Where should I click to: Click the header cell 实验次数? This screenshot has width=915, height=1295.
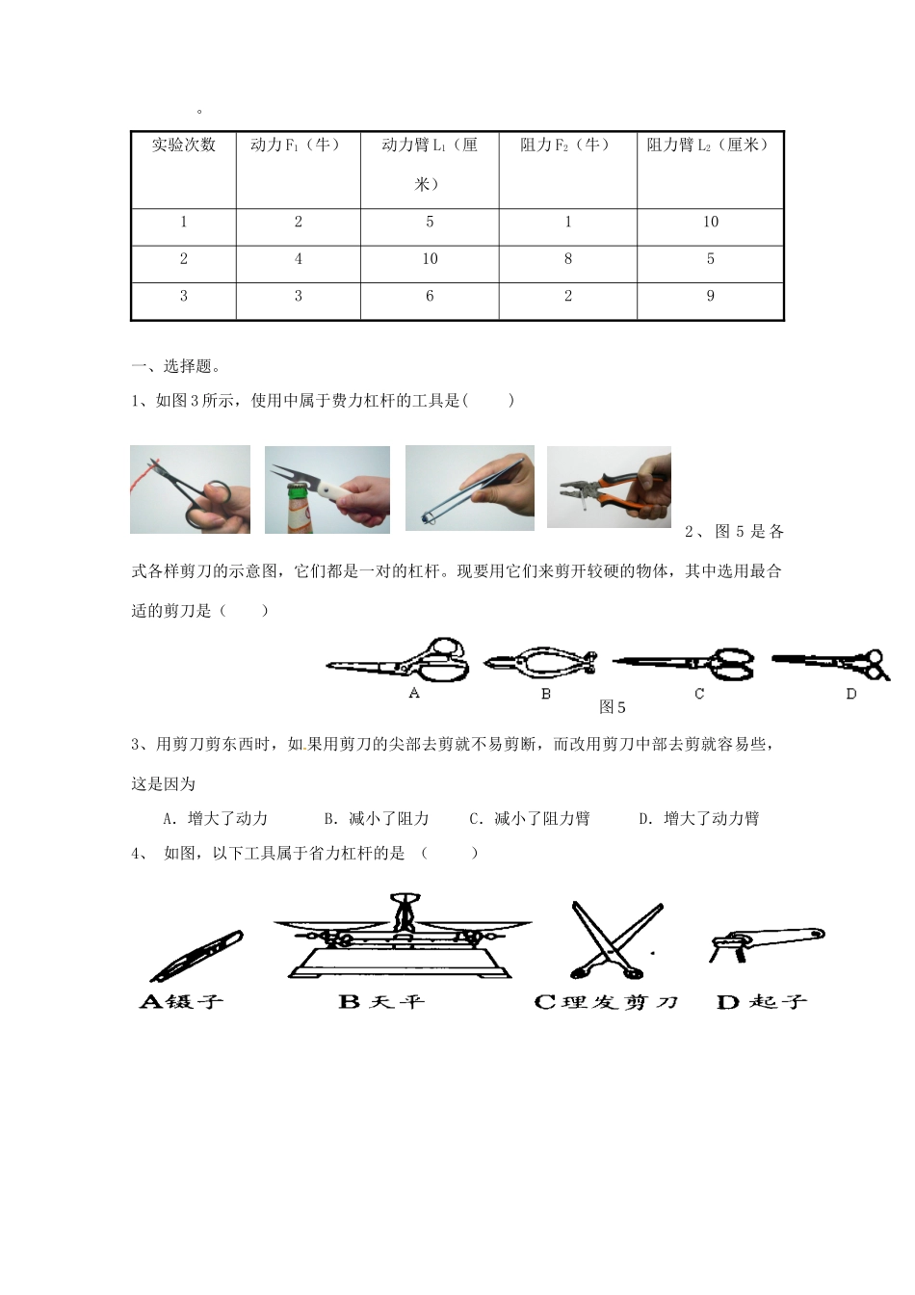(183, 145)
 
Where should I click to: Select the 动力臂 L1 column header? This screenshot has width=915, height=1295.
(430, 164)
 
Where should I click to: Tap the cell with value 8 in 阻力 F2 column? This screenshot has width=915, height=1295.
(567, 259)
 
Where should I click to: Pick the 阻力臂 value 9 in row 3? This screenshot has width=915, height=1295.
(710, 297)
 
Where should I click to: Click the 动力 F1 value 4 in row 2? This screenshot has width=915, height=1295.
(298, 259)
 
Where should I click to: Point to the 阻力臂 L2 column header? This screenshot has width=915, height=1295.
(710, 145)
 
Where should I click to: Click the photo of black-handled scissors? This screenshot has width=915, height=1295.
(190, 489)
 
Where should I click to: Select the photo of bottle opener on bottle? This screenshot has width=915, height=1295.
(327, 489)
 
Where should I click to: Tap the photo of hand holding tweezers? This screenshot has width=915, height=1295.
(470, 488)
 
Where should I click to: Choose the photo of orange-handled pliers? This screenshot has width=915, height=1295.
(609, 487)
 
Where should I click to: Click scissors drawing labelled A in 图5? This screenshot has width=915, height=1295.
(398, 660)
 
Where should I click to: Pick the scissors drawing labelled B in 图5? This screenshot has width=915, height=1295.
(539, 661)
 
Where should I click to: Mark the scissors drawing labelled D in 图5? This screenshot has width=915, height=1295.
(831, 662)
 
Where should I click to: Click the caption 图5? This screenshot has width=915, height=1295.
(613, 707)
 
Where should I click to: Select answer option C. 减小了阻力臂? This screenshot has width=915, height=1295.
(529, 819)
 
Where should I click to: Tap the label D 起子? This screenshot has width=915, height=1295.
(761, 1002)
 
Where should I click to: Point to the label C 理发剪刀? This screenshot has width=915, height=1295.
(606, 1002)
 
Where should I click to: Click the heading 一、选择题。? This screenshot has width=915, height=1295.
(174, 366)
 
